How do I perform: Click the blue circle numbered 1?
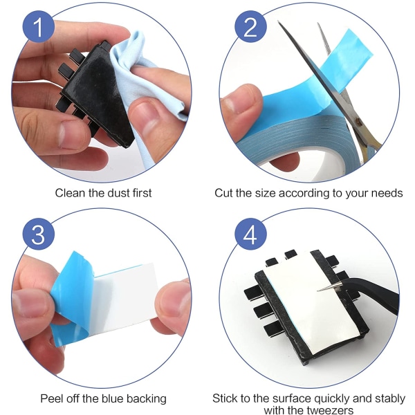pos(38,27)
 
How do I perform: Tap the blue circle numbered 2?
pos(250,27)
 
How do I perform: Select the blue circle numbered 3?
pos(38,234)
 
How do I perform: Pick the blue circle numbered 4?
pos(250,234)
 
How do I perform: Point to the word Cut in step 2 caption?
pos(223,193)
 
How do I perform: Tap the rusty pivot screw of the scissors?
pos(360,122)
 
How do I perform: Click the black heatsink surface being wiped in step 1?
pos(103,90)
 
